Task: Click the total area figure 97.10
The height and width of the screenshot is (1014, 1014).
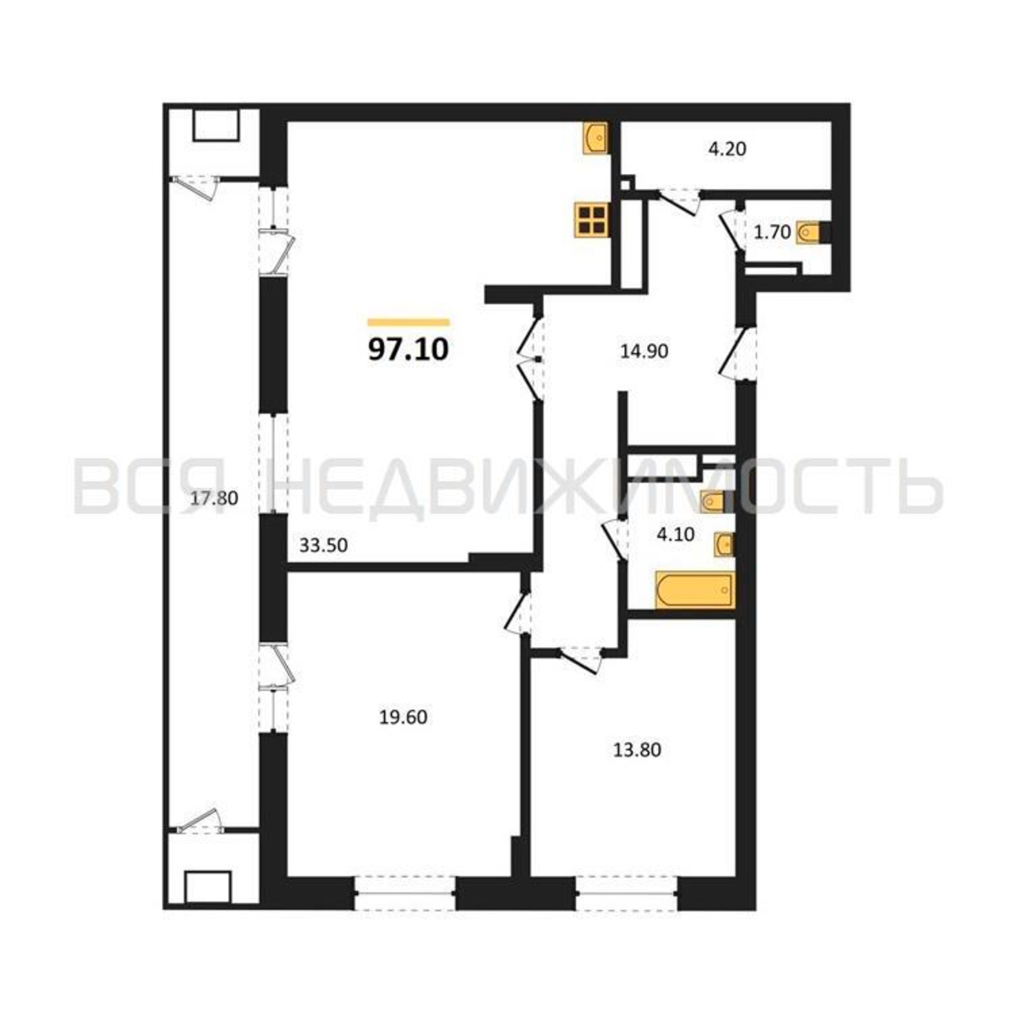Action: [408, 349]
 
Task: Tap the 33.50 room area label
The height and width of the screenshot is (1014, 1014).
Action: [323, 546]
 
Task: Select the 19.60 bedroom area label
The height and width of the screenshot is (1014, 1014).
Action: [403, 717]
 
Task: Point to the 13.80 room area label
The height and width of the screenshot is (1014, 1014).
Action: [637, 750]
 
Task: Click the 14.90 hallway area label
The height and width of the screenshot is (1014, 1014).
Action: [644, 351]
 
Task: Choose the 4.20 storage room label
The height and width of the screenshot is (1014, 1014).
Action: [727, 149]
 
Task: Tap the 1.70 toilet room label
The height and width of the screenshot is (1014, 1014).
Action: [772, 232]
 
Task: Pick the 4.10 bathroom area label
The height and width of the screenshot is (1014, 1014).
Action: [675, 534]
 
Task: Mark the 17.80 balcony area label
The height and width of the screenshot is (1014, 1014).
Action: [214, 497]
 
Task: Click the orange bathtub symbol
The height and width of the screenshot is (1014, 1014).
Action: [695, 591]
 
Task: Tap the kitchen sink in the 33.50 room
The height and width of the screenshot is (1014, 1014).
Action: [595, 138]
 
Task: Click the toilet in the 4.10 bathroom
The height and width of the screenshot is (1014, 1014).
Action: [714, 502]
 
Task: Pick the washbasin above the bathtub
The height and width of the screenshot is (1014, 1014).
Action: [724, 544]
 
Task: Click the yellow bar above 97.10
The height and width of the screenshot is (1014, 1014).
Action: [409, 322]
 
